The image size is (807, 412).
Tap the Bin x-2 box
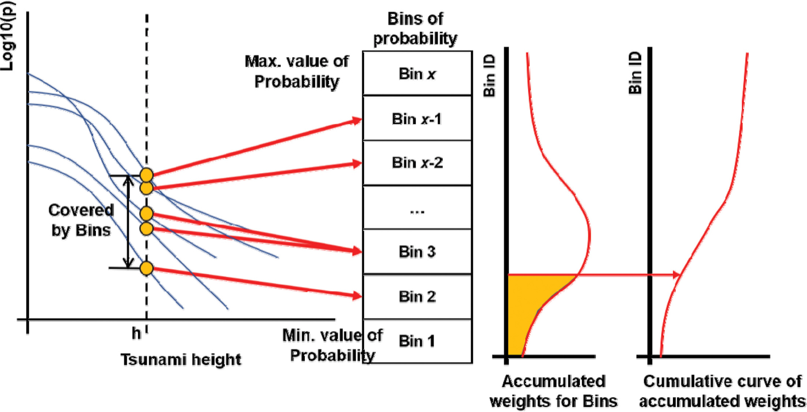[417, 163]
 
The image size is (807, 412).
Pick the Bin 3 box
[417, 252]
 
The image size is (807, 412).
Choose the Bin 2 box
[417, 296]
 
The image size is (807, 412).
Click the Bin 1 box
[417, 341]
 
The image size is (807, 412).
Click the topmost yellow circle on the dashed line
[146, 175]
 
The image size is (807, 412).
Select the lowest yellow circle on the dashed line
[146, 268]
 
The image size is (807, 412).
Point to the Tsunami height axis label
[181, 359]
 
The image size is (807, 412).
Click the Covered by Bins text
[81, 220]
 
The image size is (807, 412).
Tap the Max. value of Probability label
[296, 71]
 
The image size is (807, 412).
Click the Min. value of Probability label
[332, 345]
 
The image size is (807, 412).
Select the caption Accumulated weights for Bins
[553, 391]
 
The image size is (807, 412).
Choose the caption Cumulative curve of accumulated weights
[722, 391]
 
